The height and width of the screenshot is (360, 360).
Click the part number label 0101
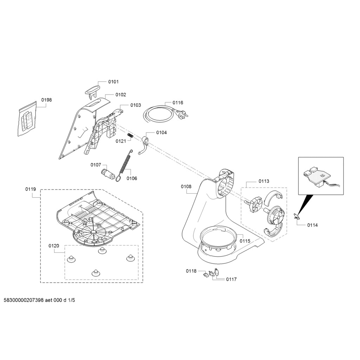tap(114, 82)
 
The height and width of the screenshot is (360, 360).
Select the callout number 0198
tap(47, 100)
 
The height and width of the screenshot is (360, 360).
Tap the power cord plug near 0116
tap(183, 113)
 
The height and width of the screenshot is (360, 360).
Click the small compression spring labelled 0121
tap(131, 136)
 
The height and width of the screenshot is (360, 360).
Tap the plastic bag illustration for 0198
tap(27, 119)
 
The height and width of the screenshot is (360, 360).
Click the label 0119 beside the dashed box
tap(31, 189)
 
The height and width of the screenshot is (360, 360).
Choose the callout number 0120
tap(54, 246)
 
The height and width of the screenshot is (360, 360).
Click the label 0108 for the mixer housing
tap(186, 186)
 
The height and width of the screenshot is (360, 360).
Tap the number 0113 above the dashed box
tap(264, 181)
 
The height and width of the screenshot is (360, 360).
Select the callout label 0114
tap(313, 225)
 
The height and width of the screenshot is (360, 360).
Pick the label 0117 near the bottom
tap(231, 279)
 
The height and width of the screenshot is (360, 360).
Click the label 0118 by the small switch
tap(191, 271)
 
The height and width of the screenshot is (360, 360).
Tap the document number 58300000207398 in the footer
tap(24, 300)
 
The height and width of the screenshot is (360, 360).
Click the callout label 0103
tap(136, 105)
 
